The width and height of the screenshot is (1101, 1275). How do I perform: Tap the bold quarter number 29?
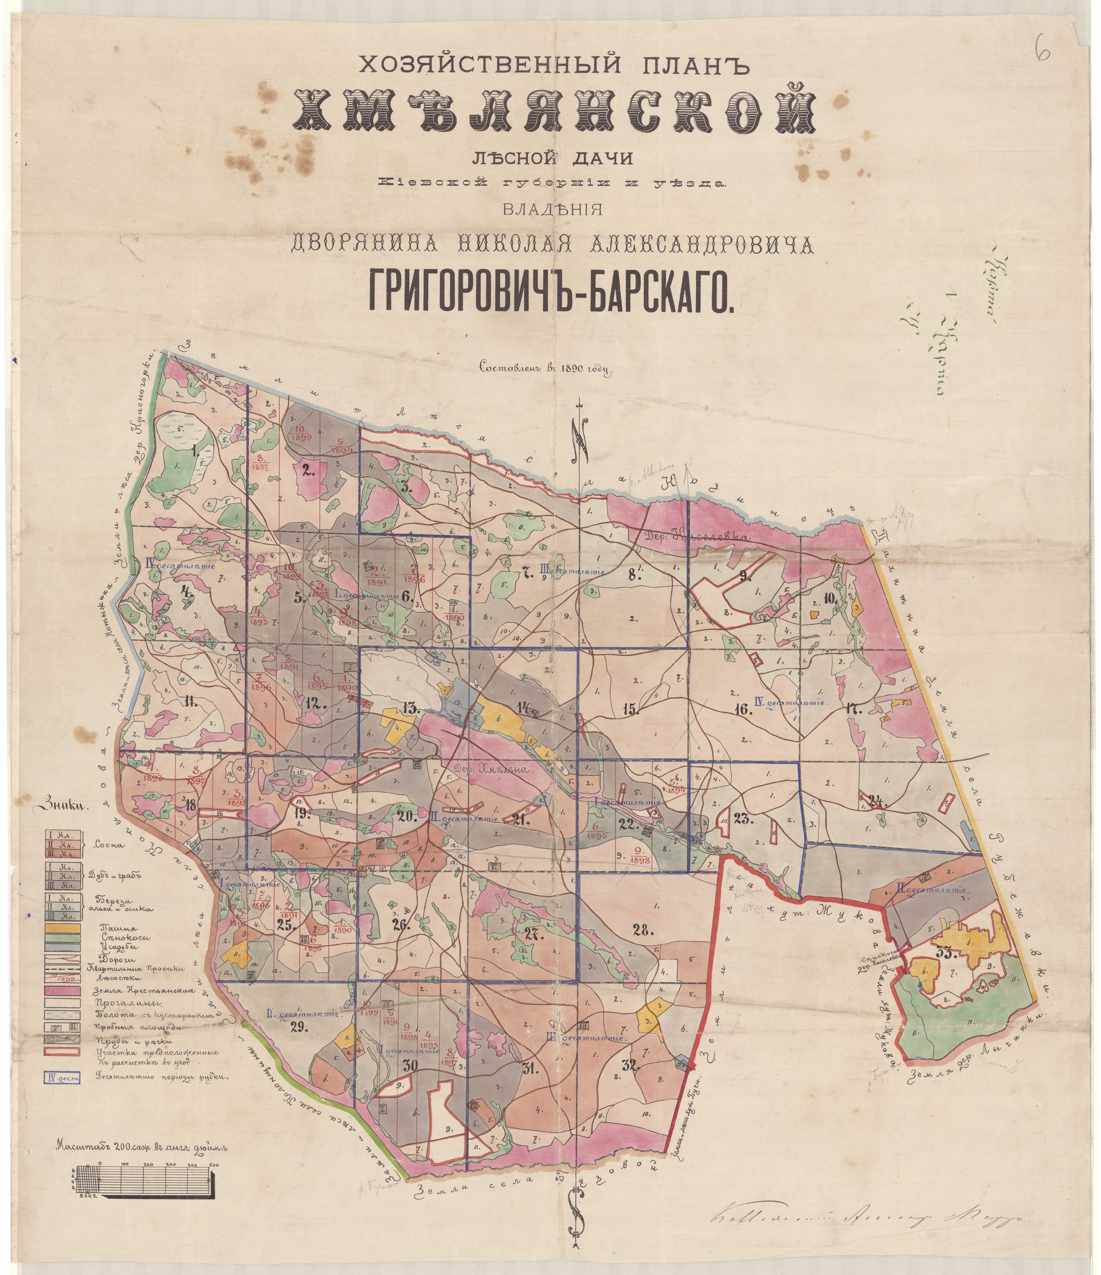(x=300, y=1025)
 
